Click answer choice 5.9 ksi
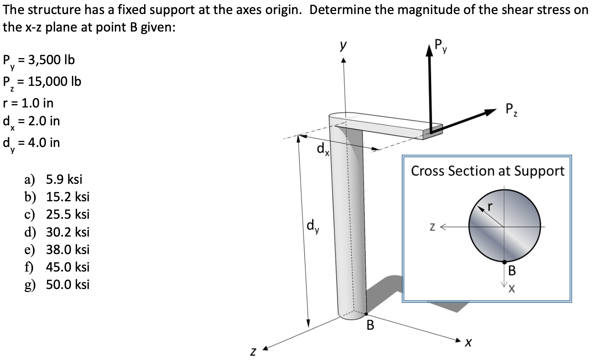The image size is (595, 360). pyautogui.click(x=64, y=179)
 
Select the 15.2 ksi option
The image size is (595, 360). pyautogui.click(x=68, y=197)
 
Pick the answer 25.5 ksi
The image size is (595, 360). pyautogui.click(x=68, y=215)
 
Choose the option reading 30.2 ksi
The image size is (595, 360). pyautogui.click(x=68, y=232)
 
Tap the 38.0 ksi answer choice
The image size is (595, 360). pyautogui.click(x=68, y=249)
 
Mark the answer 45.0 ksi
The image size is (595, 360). pyautogui.click(x=68, y=267)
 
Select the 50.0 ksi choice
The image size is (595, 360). pyautogui.click(x=68, y=284)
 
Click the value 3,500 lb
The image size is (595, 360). pyautogui.click(x=51, y=60)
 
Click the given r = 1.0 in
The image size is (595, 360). pyautogui.click(x=28, y=103)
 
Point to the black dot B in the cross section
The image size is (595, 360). pyautogui.click(x=504, y=262)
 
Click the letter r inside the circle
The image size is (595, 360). pyautogui.click(x=490, y=206)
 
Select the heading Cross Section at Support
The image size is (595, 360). pyautogui.click(x=488, y=171)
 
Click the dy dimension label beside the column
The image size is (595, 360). pyautogui.click(x=313, y=226)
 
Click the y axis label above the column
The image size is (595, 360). pyautogui.click(x=343, y=46)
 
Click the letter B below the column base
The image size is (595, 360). pyautogui.click(x=370, y=325)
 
